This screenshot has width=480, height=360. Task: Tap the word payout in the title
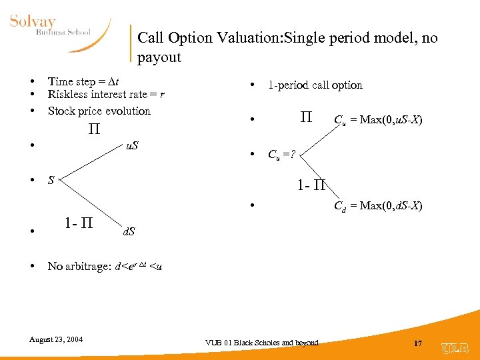point(159,57)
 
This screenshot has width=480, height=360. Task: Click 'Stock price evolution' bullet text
point(99,111)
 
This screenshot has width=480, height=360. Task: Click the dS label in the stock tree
point(128,231)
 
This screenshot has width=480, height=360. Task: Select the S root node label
point(51,180)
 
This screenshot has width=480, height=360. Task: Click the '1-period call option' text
point(315,85)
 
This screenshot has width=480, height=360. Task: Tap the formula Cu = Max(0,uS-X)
point(377,120)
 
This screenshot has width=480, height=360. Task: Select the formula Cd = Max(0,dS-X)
point(377,206)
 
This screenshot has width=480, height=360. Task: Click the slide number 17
point(418,343)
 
